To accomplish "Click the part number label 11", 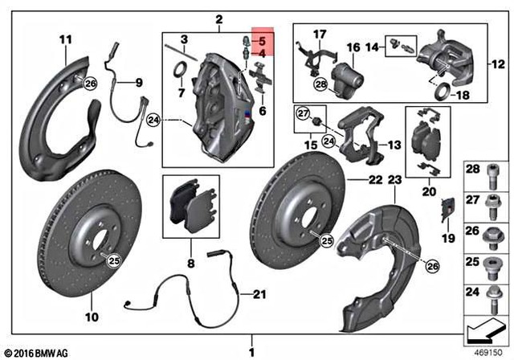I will (x=66, y=39).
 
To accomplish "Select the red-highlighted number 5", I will (x=260, y=39).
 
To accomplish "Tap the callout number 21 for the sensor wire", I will (x=258, y=294).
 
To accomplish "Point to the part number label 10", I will (x=92, y=317).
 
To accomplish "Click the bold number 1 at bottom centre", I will (x=251, y=351).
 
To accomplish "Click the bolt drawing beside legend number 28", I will (x=493, y=170).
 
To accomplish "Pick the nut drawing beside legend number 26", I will (x=493, y=232).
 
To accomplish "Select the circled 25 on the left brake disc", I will (x=113, y=259).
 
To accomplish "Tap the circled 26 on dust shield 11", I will (x=89, y=84).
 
